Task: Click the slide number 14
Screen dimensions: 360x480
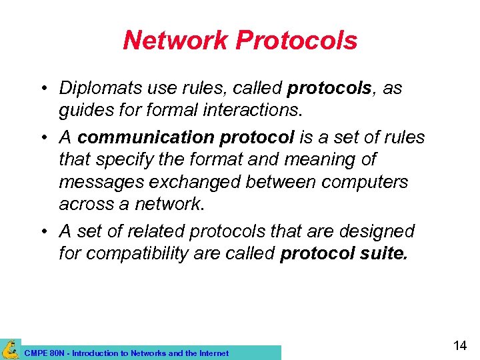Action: pyautogui.click(x=460, y=345)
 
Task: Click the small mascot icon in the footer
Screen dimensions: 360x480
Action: pyautogui.click(x=10, y=349)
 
